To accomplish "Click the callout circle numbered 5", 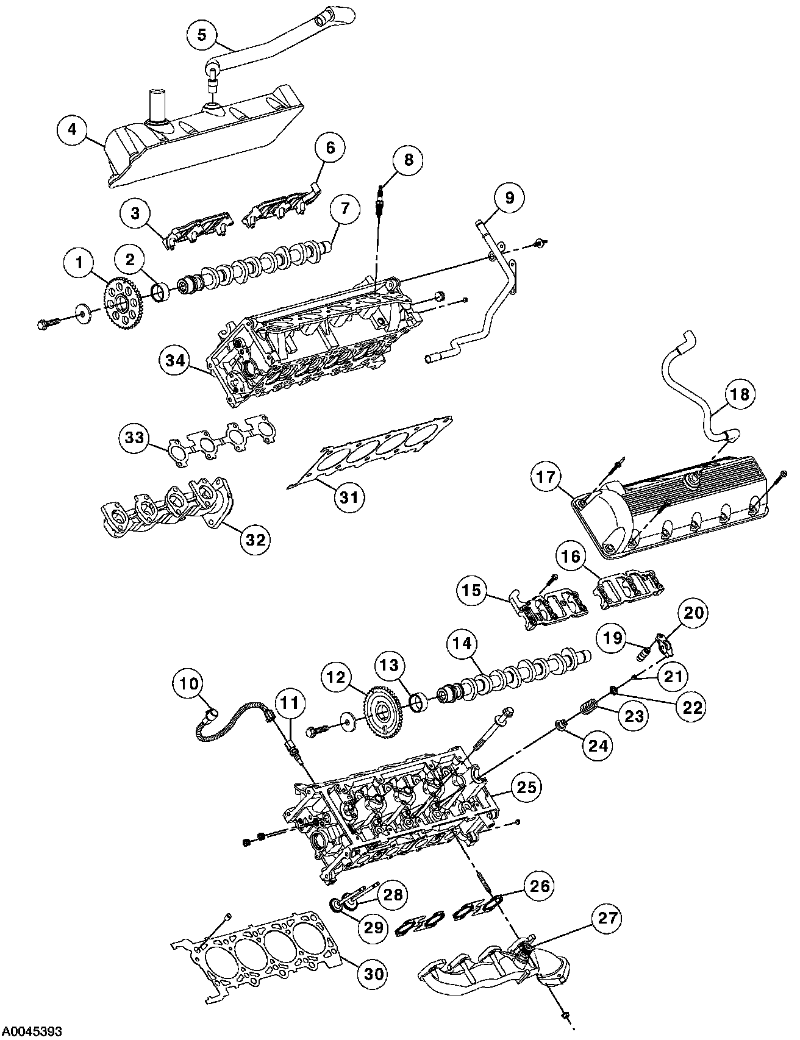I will tap(202, 34).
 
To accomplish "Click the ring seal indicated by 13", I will tap(419, 703).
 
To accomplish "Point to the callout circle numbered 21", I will tap(673, 675).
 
